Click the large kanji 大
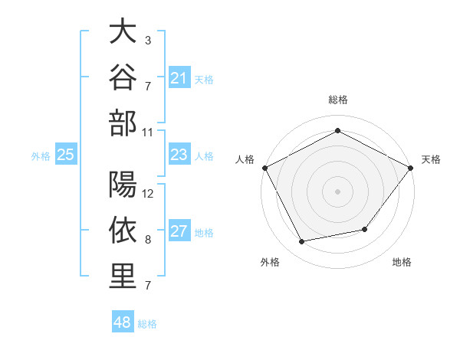pos(123,31)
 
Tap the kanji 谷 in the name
pos(123,77)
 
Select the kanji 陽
pos(123,184)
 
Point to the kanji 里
pos(123,276)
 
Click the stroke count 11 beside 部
pos(147,133)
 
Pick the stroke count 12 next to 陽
pos(147,194)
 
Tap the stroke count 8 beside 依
pos(148,240)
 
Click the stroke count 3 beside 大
pos(148,41)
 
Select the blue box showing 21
pos(179,77)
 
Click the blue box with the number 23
pos(179,154)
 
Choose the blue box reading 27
pos(179,230)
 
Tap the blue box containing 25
pos(66,154)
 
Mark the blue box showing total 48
pos(123,321)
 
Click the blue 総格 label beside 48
pos(147,324)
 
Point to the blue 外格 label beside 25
pos(41,156)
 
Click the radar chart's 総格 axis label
pos(338,100)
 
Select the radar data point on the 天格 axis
pos(411,168)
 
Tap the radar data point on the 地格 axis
pos(365,229)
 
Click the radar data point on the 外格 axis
pos(302,241)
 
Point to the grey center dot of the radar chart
pos(337,191)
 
